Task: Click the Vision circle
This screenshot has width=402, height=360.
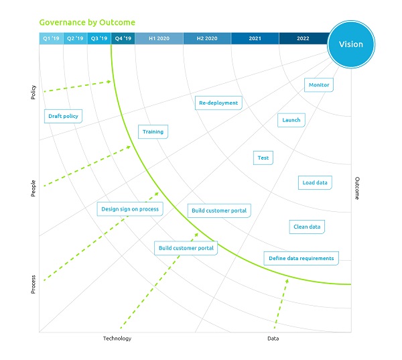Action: tap(351, 44)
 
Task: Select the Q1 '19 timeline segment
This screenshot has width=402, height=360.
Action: tap(51, 39)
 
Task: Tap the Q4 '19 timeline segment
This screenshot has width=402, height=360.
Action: tap(123, 39)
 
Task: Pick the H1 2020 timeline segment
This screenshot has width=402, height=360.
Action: tap(159, 39)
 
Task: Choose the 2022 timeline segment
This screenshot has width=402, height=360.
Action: tap(303, 39)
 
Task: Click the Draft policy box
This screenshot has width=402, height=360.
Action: tap(63, 116)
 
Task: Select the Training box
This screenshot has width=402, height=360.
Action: tap(153, 131)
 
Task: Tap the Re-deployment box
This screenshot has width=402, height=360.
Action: tap(218, 103)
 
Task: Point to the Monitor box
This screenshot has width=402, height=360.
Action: tap(319, 85)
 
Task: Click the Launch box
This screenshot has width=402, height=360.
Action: tap(291, 120)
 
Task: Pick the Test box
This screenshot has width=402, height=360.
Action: tap(263, 158)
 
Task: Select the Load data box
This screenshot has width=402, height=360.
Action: tap(315, 182)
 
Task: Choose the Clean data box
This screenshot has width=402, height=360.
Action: tap(307, 227)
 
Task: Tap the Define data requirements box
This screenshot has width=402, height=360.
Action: tap(301, 258)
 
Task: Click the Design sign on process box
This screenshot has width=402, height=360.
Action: tap(130, 209)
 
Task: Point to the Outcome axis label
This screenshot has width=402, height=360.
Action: tap(357, 188)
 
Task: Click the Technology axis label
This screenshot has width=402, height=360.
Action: tap(117, 339)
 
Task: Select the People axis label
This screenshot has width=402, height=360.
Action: tap(33, 188)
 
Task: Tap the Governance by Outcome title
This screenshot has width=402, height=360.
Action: tap(87, 22)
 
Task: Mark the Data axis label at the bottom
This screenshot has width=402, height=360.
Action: tap(273, 339)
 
